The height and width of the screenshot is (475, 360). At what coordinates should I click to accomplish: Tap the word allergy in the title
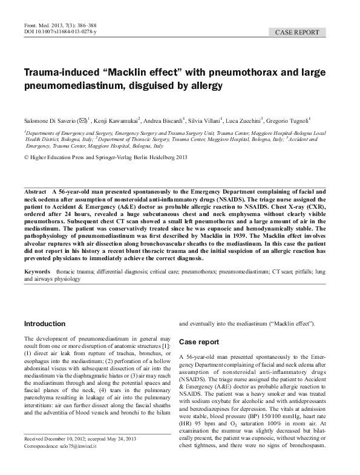pyautogui.click(x=207, y=87)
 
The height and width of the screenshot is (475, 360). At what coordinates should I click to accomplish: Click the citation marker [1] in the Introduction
pyautogui.click(x=167, y=344)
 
